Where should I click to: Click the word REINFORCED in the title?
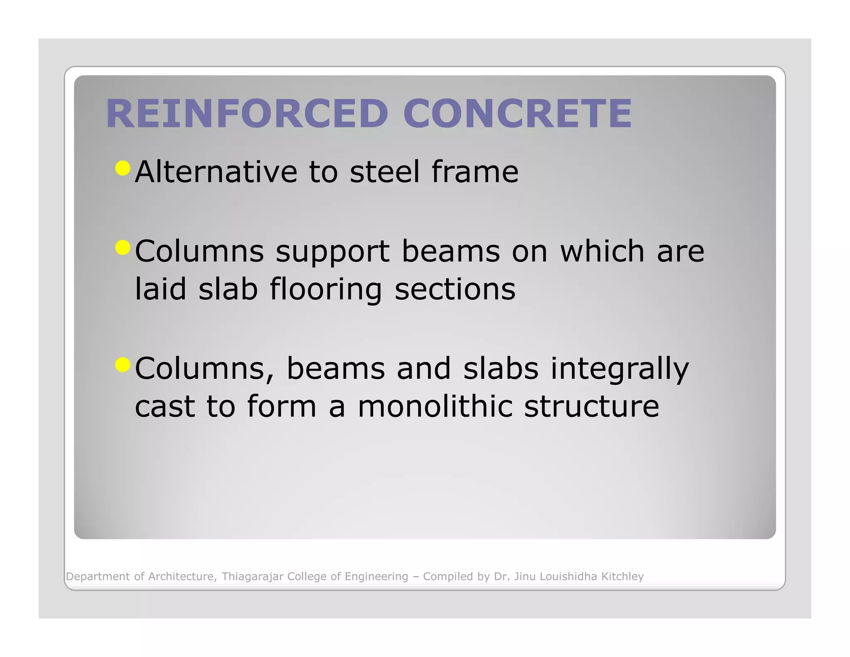(247, 113)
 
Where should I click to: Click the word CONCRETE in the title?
(517, 113)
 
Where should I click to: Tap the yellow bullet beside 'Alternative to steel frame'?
(123, 168)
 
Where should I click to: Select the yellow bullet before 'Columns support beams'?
(123, 248)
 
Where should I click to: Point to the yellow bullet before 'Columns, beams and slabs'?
(123, 365)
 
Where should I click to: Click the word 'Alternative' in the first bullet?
(216, 172)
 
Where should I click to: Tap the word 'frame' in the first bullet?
(475, 172)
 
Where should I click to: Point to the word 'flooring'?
(326, 289)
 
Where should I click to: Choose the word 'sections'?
(455, 289)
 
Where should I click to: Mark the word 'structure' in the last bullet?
(591, 406)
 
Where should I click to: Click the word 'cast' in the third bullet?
(165, 406)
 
